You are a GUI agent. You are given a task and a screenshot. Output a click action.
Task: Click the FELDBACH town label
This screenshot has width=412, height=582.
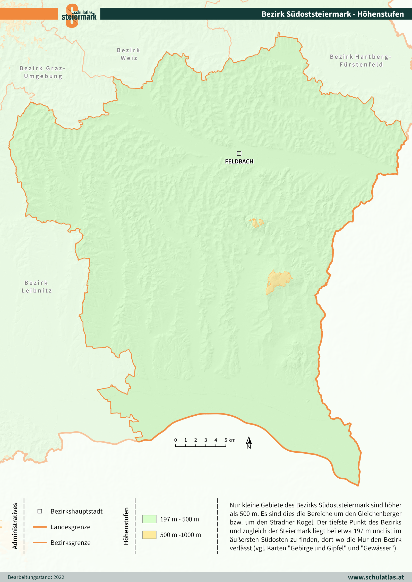point(239,162)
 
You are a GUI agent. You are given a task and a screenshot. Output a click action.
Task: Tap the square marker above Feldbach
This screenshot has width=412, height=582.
point(239,154)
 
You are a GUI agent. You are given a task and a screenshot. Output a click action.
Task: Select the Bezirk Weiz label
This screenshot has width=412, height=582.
point(129,54)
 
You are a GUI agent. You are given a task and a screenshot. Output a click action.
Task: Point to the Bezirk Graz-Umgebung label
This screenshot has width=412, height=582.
point(43,72)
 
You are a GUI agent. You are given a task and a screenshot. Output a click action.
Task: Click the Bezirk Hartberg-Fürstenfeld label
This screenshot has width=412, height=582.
point(360,60)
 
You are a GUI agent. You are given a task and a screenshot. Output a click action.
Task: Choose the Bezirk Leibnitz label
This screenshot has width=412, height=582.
point(37,286)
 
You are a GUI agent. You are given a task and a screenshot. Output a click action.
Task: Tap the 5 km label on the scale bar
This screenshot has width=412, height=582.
point(230,440)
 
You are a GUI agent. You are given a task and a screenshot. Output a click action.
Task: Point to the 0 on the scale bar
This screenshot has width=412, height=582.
point(176,440)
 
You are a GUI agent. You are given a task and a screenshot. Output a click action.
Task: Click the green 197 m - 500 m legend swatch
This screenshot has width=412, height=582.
point(149,519)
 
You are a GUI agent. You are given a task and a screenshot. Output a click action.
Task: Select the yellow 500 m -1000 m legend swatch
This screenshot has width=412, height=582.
point(149,535)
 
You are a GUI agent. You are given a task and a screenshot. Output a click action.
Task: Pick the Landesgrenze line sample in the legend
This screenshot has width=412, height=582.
point(40,527)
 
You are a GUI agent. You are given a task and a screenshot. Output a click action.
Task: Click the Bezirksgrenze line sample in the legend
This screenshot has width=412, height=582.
point(40,543)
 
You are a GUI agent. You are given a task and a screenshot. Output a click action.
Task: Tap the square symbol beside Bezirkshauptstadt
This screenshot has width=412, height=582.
point(40,511)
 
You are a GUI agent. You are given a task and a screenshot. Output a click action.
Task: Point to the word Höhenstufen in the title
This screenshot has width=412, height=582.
point(380,14)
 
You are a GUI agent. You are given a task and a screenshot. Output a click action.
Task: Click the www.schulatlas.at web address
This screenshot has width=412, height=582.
point(376,577)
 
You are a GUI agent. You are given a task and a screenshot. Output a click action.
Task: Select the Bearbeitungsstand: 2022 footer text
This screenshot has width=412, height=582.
point(36,577)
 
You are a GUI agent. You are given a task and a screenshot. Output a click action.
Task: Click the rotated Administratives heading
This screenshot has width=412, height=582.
point(15,526)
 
